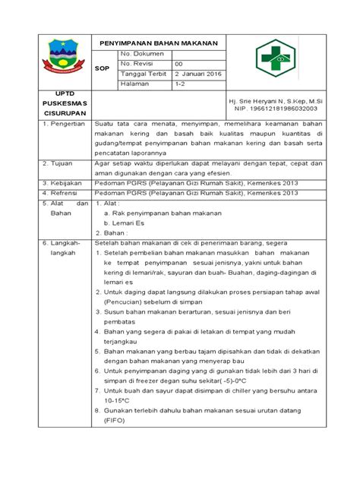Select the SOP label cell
point(103,68)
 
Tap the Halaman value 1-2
point(182,85)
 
